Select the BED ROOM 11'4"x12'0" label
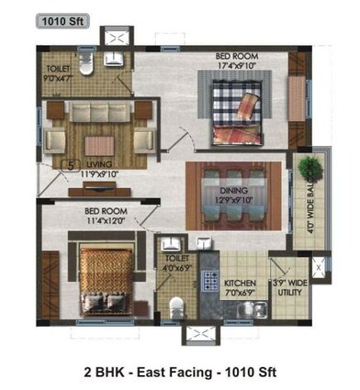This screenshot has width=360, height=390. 107,215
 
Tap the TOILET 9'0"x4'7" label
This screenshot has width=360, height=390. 60,74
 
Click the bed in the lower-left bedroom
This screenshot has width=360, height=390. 106,276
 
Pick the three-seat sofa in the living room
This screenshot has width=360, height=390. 100,114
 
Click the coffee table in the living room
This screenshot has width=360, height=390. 100,144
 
